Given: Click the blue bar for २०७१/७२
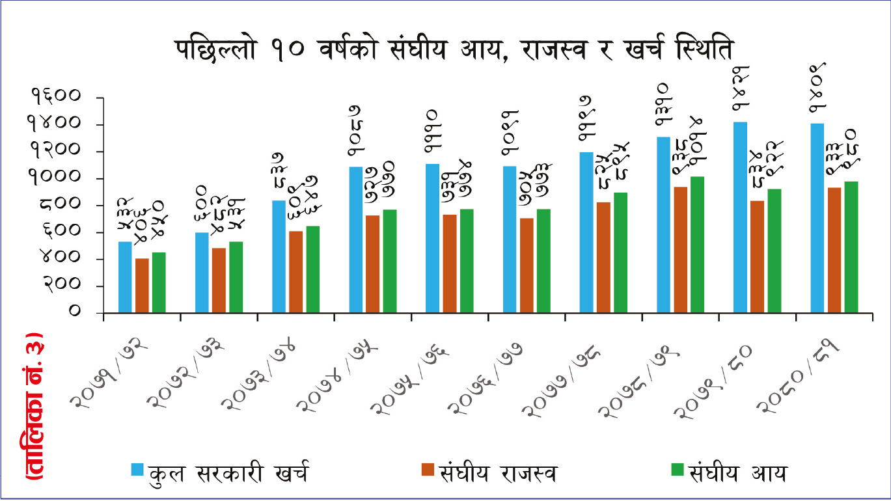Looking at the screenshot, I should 125,277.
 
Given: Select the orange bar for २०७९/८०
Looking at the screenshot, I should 757,257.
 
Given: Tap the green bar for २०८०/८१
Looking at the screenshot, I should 851,247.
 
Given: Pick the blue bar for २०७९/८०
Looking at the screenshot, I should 740,217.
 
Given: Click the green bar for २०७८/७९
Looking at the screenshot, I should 697,245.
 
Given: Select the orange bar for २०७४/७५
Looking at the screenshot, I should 373,264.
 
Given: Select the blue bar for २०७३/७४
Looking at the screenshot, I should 279,256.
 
